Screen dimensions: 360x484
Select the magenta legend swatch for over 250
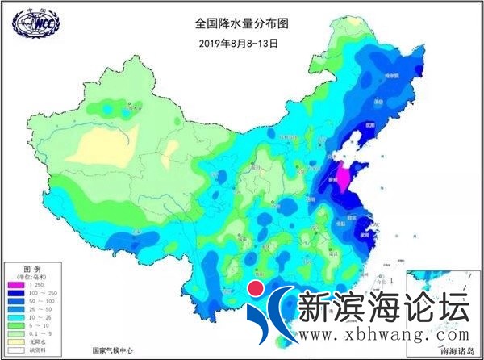(x=15, y=284)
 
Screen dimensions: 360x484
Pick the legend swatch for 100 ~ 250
(x=15, y=292)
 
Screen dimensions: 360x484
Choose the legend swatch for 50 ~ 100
(x=15, y=300)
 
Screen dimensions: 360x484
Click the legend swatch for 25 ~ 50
(x=15, y=308)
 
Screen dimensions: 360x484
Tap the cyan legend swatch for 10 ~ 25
(x=15, y=316)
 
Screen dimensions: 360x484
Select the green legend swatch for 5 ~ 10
(x=15, y=324)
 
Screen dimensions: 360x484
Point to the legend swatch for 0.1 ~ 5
(x=15, y=333)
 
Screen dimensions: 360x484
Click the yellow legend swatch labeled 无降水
(x=15, y=341)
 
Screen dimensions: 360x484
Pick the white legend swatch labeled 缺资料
(x=15, y=349)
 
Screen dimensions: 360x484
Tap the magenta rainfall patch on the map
(x=342, y=178)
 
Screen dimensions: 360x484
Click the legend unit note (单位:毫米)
(x=33, y=275)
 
